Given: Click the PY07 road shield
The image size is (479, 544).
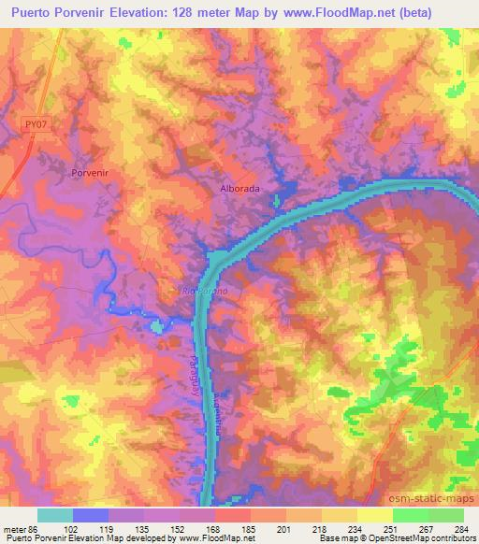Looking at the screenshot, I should click(x=36, y=122).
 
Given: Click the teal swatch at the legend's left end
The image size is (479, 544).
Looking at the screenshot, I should click(x=55, y=515).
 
